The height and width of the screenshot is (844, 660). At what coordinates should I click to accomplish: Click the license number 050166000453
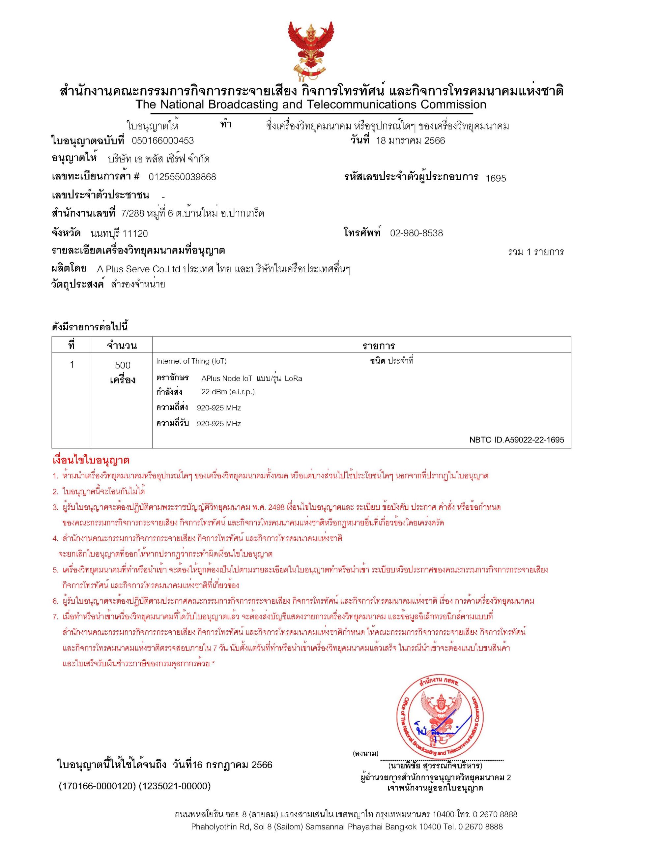point(163,141)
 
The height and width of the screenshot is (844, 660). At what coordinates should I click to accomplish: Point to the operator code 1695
point(496,178)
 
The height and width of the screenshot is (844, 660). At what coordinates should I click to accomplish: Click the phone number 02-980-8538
point(416,233)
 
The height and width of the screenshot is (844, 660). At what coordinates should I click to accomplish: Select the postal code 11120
point(135,234)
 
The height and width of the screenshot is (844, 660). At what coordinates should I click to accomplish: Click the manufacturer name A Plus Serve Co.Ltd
point(139,269)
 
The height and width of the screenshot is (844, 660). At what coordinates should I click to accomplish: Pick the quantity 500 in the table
point(123,365)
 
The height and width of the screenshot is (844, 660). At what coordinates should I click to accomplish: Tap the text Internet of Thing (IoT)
point(191,361)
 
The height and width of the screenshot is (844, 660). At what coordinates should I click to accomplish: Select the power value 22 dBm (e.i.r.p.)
point(228,392)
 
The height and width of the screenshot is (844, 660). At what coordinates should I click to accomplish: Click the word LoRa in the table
point(293,378)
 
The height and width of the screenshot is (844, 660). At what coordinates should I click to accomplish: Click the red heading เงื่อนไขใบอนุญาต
point(91,461)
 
